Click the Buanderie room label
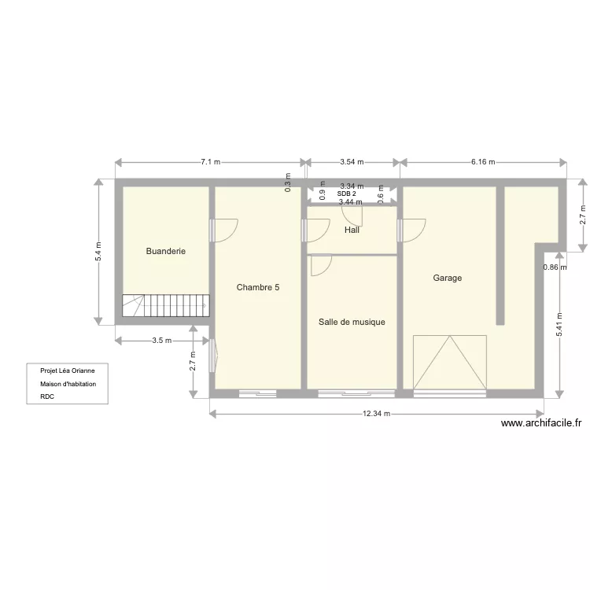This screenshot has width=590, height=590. coord(166,252)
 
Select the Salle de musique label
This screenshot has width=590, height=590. coord(352,322)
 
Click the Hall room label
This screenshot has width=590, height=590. coord(352,230)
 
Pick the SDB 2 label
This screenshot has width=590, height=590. coord(346,194)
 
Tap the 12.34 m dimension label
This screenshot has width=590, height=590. coord(377,414)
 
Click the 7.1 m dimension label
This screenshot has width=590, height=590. coord(210,162)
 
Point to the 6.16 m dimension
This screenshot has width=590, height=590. coord(483,162)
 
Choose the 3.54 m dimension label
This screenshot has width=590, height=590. coord(352,162)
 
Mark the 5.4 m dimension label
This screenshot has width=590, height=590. coord(98,251)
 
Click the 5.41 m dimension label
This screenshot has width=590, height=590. coord(559,323)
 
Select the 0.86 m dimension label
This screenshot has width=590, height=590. coord(555,267)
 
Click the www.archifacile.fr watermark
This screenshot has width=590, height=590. coord(541,422)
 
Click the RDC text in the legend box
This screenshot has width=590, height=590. coord(46,397)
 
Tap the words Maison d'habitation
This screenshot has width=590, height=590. coord(68,383)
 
